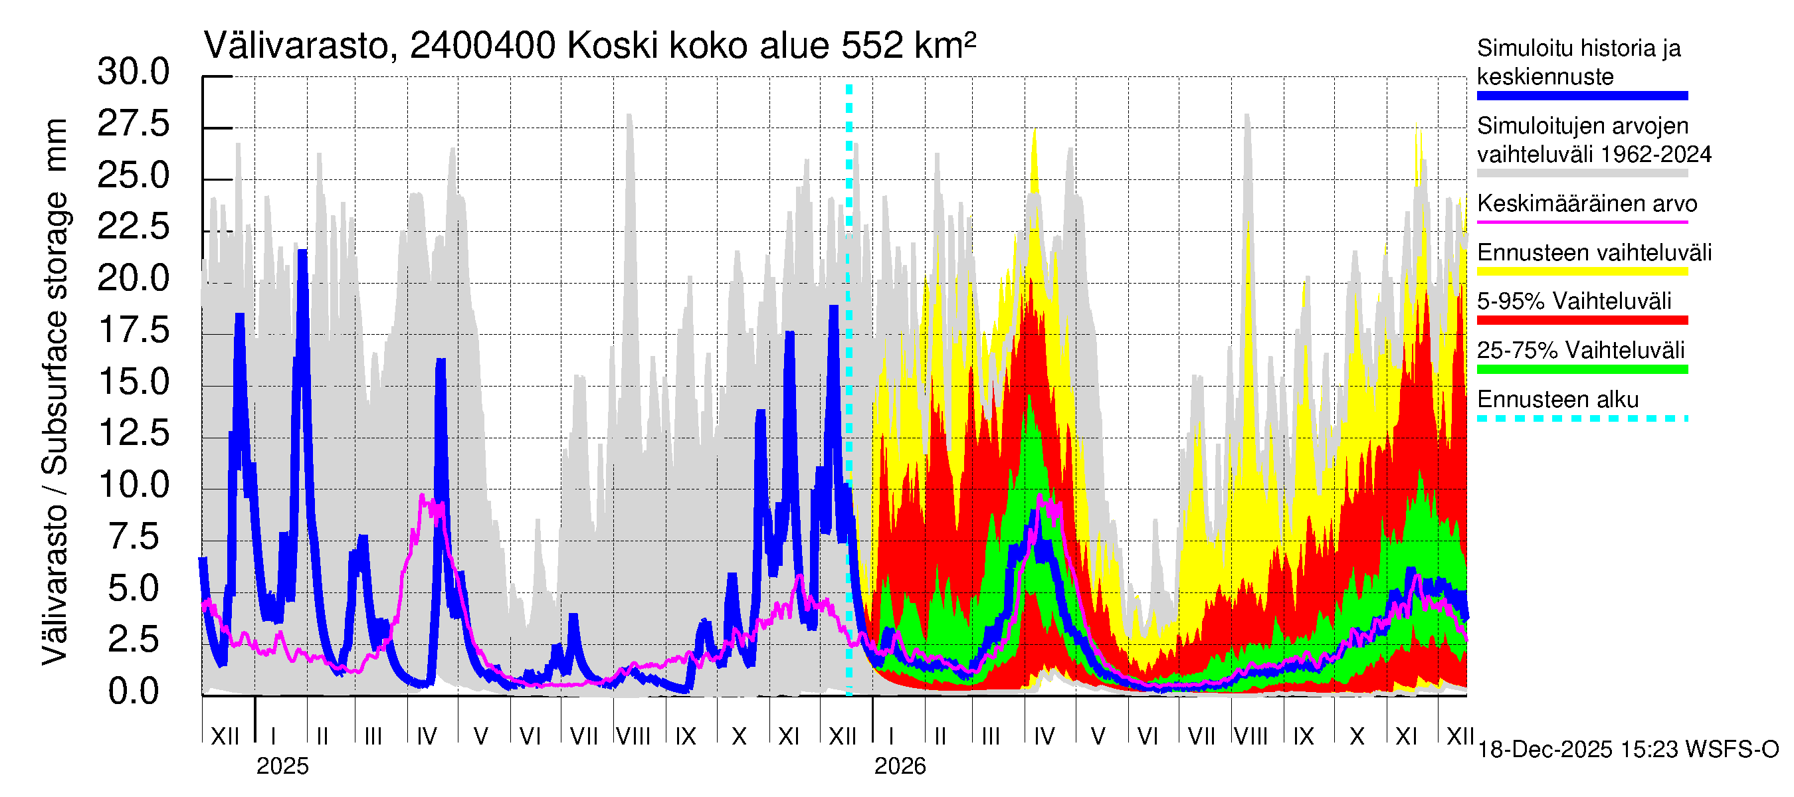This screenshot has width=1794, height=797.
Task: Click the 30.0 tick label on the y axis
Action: (x=133, y=72)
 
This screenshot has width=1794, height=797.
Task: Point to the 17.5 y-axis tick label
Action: (x=133, y=330)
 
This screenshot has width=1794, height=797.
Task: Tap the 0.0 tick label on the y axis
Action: (x=133, y=691)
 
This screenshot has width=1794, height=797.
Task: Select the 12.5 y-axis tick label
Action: (x=133, y=433)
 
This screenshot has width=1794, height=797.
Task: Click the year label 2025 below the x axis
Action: (x=282, y=766)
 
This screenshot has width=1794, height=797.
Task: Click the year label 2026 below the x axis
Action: (x=900, y=766)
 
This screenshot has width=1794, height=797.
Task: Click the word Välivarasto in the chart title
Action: (x=296, y=46)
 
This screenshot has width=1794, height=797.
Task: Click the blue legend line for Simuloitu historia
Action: (x=1581, y=96)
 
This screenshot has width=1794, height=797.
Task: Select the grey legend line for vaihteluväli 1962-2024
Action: (x=1581, y=173)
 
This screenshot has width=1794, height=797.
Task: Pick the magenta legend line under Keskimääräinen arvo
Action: (x=1581, y=222)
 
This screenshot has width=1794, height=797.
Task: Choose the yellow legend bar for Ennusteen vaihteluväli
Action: (x=1581, y=272)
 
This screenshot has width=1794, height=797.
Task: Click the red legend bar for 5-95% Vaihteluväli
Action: (x=1581, y=320)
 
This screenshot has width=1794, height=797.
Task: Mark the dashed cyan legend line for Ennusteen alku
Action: (x=1581, y=418)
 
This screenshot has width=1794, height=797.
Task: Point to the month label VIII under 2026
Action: (x=1250, y=737)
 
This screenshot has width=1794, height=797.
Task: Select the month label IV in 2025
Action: (x=426, y=737)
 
